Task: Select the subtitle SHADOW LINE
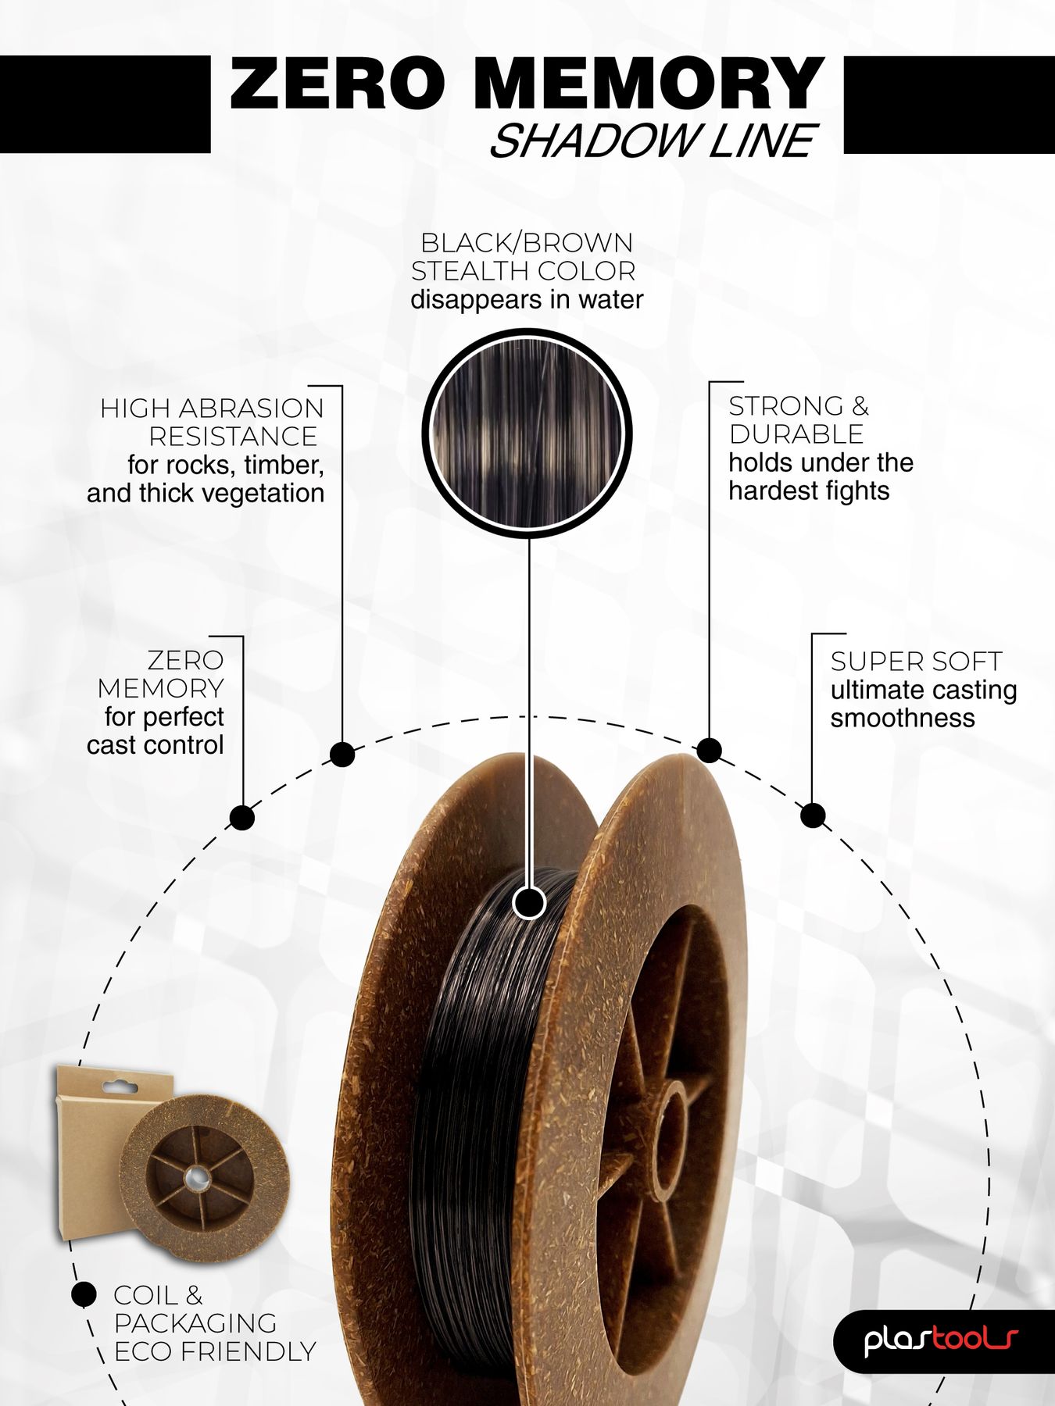click(653, 141)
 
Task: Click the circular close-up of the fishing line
click(527, 433)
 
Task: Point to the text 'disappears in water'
click(527, 300)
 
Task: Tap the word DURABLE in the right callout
click(796, 434)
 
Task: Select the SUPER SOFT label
click(915, 662)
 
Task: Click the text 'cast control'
click(156, 745)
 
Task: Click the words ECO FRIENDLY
click(215, 1351)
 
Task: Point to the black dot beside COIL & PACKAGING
click(84, 1294)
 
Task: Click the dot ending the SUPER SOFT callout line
click(814, 815)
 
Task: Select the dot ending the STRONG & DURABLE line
click(709, 750)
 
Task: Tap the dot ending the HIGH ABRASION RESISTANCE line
click(342, 755)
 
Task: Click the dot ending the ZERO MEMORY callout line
click(242, 818)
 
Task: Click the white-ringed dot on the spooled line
click(529, 904)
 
